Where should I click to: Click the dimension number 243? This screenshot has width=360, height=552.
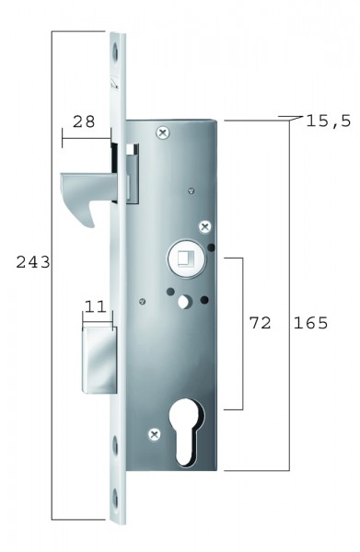click(x=32, y=262)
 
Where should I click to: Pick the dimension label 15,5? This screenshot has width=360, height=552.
click(x=324, y=121)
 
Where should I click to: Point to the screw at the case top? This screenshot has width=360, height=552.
click(x=163, y=133)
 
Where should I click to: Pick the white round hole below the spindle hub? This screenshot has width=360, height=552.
click(x=186, y=301)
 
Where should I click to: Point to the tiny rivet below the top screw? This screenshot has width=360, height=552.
click(x=190, y=191)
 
